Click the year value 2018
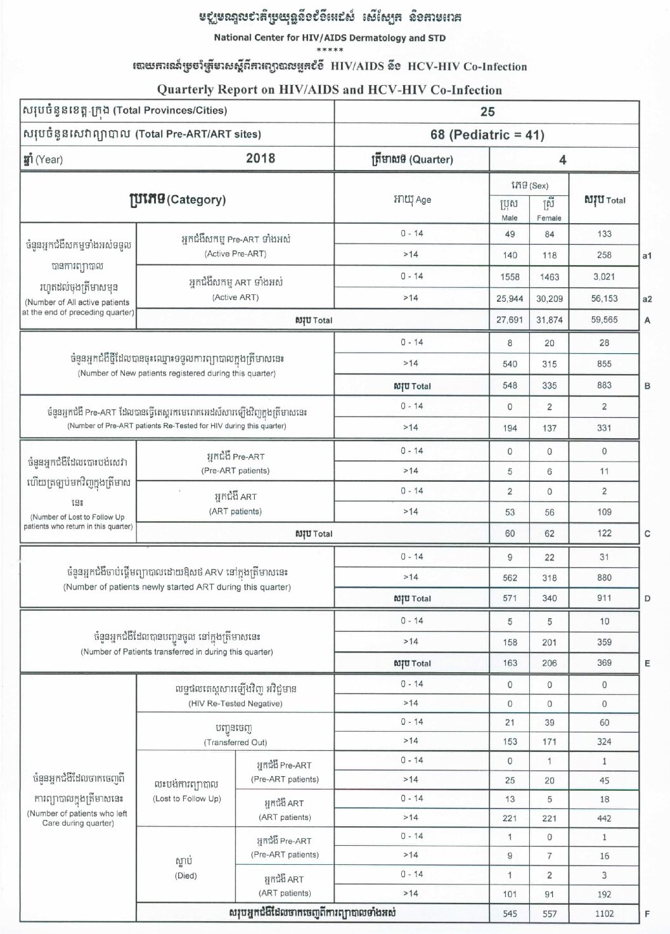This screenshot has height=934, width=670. click(x=261, y=159)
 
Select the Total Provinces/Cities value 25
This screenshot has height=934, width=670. click(x=487, y=112)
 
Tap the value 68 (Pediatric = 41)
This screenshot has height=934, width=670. click(x=487, y=134)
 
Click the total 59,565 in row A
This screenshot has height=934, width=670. click(x=604, y=320)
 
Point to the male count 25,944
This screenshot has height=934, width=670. click(x=510, y=299)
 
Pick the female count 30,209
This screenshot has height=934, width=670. click(x=549, y=299)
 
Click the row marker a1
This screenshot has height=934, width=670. click(x=647, y=256)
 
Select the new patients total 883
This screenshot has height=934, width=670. click(x=604, y=386)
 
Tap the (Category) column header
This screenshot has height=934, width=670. click(x=177, y=200)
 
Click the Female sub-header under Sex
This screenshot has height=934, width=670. click(x=549, y=217)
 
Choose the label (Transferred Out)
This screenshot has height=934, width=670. click(x=235, y=742)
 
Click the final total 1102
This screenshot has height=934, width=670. click(x=604, y=914)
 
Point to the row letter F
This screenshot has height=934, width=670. click(x=647, y=914)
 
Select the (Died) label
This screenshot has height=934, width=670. click(x=186, y=876)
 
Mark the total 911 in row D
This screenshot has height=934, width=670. click(x=604, y=598)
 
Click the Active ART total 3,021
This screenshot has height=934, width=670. click(x=604, y=277)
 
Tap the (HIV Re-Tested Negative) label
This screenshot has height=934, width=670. click(x=235, y=703)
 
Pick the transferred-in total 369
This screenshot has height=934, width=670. click(x=604, y=663)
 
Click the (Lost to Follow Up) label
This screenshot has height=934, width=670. click(x=187, y=798)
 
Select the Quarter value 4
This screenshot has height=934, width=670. click(x=562, y=160)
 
